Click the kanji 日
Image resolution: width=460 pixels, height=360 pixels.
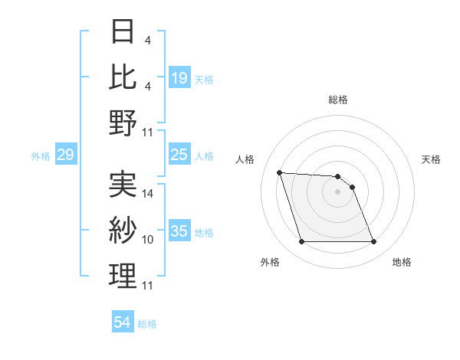(x=123, y=31)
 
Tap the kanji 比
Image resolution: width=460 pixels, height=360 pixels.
(x=123, y=77)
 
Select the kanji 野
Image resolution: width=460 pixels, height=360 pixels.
(x=123, y=123)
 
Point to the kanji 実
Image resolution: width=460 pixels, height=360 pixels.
(x=123, y=183)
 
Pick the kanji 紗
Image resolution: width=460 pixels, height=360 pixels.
(x=123, y=229)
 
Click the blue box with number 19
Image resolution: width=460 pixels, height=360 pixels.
(x=179, y=78)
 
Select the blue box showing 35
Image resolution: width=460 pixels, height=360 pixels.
(x=179, y=231)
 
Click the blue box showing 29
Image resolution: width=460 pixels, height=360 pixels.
(x=66, y=155)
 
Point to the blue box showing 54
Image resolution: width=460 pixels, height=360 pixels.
(x=123, y=322)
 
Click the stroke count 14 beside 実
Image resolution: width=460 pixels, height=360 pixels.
(x=149, y=194)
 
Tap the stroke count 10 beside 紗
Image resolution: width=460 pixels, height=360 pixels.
(x=149, y=240)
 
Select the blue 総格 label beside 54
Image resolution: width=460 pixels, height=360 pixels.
(x=148, y=324)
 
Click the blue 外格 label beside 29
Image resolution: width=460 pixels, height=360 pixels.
(x=41, y=156)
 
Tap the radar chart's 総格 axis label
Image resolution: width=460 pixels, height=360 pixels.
(x=338, y=100)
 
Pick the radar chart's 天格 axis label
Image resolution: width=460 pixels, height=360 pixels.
(x=432, y=159)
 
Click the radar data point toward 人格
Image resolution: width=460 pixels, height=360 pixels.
(x=279, y=172)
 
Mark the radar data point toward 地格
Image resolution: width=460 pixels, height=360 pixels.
(x=373, y=242)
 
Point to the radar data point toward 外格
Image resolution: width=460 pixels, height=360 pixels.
(x=301, y=242)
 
